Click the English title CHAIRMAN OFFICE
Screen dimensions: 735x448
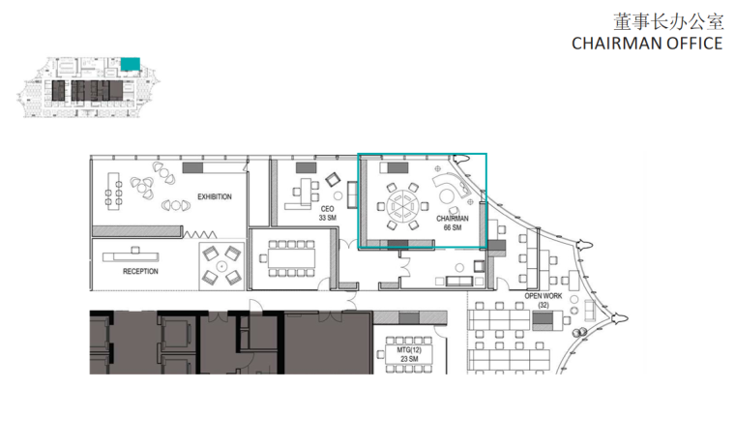click(647, 44)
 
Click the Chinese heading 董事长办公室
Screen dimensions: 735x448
click(669, 22)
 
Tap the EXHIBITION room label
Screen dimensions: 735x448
click(215, 196)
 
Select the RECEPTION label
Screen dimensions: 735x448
click(140, 271)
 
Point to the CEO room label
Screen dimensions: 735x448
click(327, 209)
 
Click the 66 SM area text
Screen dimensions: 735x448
click(453, 227)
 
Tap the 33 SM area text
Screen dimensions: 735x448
click(327, 218)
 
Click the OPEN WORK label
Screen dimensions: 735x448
click(544, 296)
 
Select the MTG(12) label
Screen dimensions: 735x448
click(409, 350)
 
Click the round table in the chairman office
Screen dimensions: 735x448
click(402, 205)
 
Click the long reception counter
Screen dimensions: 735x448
click(131, 255)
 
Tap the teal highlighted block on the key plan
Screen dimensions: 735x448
click(131, 64)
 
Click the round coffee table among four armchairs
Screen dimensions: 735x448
click(221, 266)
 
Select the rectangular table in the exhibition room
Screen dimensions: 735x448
click(113, 191)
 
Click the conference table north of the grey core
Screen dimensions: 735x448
click(291, 258)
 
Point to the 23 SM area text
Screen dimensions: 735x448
click(409, 359)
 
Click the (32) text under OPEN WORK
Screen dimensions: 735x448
click(544, 305)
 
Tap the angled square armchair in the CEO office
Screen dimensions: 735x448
click(333, 179)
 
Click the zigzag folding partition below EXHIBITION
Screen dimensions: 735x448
click(200, 234)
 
